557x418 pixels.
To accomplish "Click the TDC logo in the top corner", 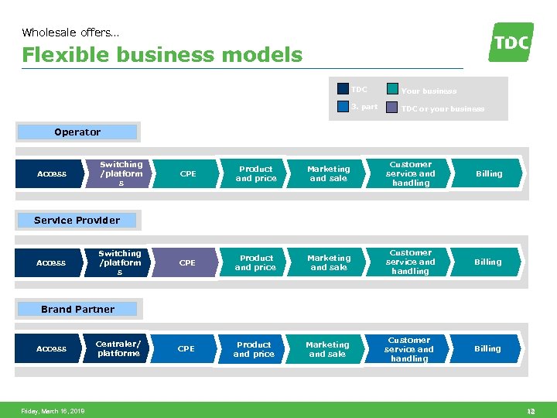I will pos(511,42).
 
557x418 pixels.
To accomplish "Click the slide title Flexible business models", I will pos(162,55).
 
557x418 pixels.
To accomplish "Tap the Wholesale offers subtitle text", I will pos(70,33).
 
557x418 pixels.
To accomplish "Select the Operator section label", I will pos(77,132).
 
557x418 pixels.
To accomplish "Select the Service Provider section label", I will pos(77,221).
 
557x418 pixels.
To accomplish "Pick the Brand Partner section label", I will pos(77,310).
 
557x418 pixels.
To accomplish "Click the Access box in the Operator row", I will pos(52,174).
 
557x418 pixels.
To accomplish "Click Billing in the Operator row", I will pos(489,174).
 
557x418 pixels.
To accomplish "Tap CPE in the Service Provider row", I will pos(188,263).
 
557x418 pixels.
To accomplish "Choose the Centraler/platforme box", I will pos(118,349).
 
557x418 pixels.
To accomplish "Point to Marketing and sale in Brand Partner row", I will pos(327,350).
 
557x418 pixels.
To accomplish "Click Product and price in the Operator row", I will pos(256,174).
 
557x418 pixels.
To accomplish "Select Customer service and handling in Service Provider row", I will pos(411,262).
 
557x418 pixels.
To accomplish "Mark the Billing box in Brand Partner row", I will pos(487,349).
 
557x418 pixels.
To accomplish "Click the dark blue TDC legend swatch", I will pos(343,89).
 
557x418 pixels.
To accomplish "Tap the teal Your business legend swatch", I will pos(392,89).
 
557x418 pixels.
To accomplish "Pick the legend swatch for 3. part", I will pos(343,107).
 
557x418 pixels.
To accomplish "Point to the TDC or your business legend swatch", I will pos(392,108).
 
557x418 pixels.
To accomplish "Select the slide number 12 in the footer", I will pos(531,411).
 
